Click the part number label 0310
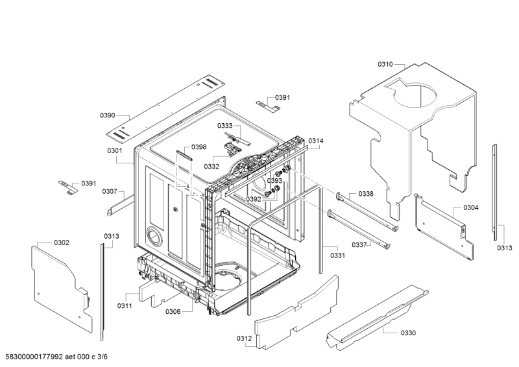click(385, 64)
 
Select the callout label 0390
click(107, 115)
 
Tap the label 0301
click(115, 151)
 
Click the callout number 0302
click(62, 243)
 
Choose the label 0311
click(125, 305)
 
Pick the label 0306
click(173, 312)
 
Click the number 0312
click(244, 338)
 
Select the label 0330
click(408, 333)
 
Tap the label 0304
click(471, 207)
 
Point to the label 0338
click(366, 194)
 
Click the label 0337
click(359, 244)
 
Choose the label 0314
click(316, 141)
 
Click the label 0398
click(199, 147)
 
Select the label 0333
click(224, 125)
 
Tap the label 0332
click(211, 167)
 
